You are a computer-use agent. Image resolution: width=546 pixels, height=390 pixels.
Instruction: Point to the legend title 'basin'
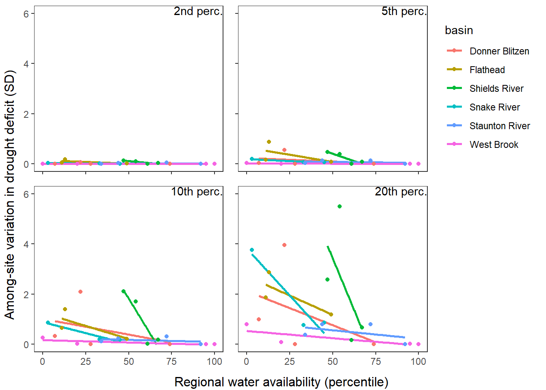pyautogui.click(x=459, y=30)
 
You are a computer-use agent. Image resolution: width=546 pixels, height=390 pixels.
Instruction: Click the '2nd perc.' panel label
pyautogui.click(x=198, y=11)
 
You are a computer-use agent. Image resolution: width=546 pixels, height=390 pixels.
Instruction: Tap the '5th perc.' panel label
pyautogui.click(x=404, y=11)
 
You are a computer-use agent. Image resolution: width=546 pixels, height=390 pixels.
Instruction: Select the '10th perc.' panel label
pyautogui.click(x=197, y=192)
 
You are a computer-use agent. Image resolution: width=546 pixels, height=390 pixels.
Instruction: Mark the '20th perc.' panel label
pyautogui.click(x=401, y=192)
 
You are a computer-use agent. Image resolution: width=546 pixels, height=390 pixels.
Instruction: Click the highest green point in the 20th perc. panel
pyautogui.click(x=340, y=206)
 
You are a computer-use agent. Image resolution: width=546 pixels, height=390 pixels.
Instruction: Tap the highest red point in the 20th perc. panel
pyautogui.click(x=284, y=245)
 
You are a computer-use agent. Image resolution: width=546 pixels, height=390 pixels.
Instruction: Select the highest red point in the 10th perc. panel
pyautogui.click(x=80, y=292)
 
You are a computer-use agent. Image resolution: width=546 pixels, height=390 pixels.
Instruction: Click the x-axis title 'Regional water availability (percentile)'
pyautogui.click(x=281, y=382)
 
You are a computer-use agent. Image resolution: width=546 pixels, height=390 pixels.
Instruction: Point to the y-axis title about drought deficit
pyautogui.click(x=9, y=195)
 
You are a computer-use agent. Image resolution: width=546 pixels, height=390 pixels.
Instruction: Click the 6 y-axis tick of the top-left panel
pyautogui.click(x=26, y=14)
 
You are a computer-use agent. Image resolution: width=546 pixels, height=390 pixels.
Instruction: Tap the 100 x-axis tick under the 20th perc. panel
pyautogui.click(x=418, y=362)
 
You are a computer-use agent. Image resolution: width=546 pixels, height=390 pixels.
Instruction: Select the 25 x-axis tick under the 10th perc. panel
pyautogui.click(x=86, y=362)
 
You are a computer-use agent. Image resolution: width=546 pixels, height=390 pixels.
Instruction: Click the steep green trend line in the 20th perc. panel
pyautogui.click(x=344, y=286)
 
